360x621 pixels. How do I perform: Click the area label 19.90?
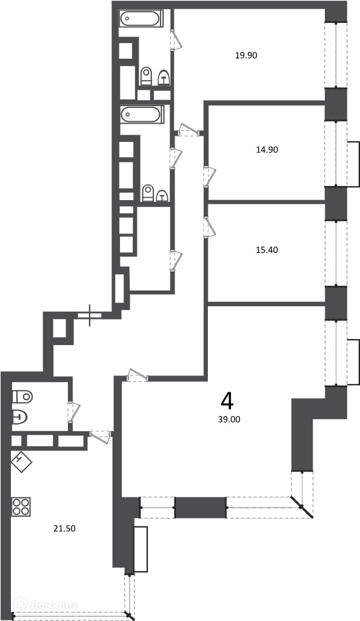pos(246,55)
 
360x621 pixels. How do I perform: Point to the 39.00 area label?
pos(229,420)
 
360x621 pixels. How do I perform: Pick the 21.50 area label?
pos(64,528)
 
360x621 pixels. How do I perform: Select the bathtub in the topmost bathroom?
pos(140,18)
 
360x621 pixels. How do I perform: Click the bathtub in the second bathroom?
pos(142,115)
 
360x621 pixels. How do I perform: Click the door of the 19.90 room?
pos(176,39)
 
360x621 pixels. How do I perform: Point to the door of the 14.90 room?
pos(210,177)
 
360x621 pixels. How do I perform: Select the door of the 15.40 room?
pos(209,227)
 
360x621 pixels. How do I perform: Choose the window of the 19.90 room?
pos(336,55)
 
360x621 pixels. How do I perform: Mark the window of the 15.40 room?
pos(336,253)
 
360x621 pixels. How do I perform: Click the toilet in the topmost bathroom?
pos(146,76)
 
